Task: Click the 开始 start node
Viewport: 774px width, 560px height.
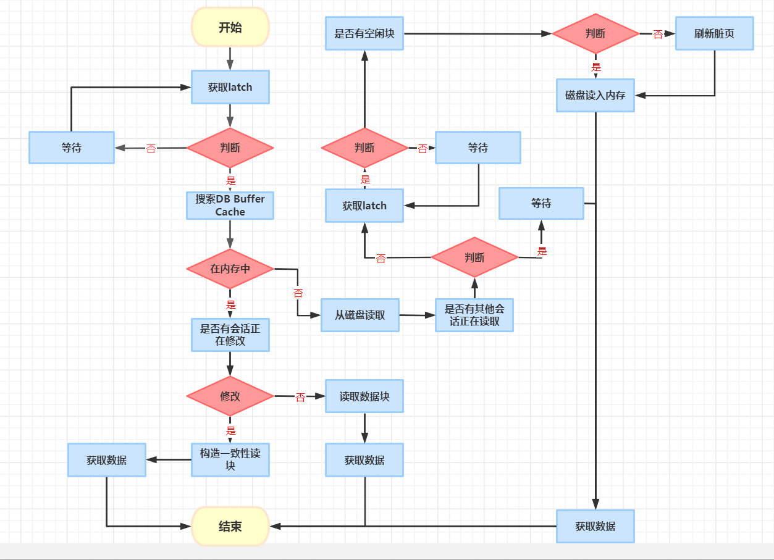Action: (x=230, y=27)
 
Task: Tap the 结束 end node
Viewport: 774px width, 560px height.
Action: (x=230, y=527)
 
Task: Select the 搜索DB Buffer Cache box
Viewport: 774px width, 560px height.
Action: (x=230, y=206)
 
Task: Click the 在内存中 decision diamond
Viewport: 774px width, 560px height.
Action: (x=230, y=269)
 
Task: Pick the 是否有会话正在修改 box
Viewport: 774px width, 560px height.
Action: (x=230, y=335)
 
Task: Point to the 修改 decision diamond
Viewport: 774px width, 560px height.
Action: (x=230, y=396)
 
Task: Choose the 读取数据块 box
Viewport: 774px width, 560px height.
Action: (x=364, y=396)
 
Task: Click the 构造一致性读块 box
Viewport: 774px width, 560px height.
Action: (x=230, y=459)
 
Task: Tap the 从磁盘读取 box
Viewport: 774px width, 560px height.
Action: (x=360, y=315)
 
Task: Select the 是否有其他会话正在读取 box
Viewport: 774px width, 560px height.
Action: (x=474, y=315)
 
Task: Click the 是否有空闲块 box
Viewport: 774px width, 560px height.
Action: (x=364, y=33)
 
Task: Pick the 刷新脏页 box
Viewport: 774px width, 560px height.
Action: (x=714, y=33)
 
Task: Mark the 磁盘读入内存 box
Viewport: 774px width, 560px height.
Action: (x=595, y=95)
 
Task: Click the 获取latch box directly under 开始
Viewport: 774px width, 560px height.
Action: (x=230, y=87)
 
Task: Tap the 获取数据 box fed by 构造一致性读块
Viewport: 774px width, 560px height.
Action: (x=106, y=460)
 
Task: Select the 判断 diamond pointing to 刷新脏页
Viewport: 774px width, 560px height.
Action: (x=595, y=33)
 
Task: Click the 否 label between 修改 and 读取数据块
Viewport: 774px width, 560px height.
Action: (x=300, y=398)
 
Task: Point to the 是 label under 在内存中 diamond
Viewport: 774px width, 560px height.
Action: (x=230, y=304)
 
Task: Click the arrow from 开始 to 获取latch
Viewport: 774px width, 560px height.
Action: (x=230, y=59)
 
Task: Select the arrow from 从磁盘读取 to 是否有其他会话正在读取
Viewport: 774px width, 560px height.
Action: (x=417, y=315)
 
